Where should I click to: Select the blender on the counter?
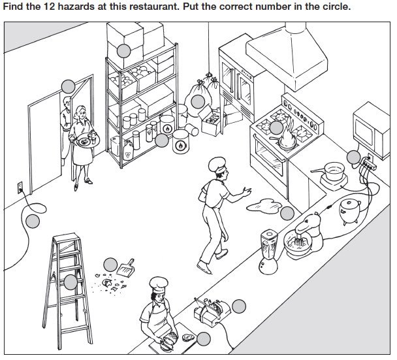(x=267, y=249)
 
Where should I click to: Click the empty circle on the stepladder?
(x=70, y=282)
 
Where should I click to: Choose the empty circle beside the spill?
(x=287, y=212)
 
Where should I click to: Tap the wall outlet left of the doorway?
(x=18, y=185)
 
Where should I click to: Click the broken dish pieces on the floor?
(x=104, y=283)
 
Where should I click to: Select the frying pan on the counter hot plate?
(x=333, y=172)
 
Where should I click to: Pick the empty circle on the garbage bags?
(x=198, y=101)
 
